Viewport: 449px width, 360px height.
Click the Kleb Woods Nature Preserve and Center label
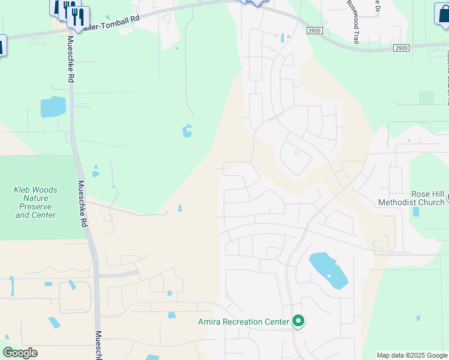pyautogui.click(x=36, y=202)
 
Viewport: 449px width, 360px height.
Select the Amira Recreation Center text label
pyautogui.click(x=244, y=322)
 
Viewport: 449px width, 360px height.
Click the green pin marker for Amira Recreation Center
pyautogui.click(x=298, y=322)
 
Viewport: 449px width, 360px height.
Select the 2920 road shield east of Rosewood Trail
pyautogui.click(x=402, y=47)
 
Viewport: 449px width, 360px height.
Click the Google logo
pyautogui.click(x=20, y=353)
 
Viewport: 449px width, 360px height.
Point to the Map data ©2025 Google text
pyautogui.click(x=412, y=355)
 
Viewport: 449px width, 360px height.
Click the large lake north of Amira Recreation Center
pyautogui.click(x=328, y=271)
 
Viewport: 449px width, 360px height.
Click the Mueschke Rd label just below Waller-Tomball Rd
pyautogui.click(x=71, y=59)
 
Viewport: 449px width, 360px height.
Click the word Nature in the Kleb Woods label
pyautogui.click(x=35, y=198)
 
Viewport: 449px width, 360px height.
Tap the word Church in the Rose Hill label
pyautogui.click(x=429, y=203)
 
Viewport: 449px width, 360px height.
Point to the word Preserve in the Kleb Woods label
pyautogui.click(x=36, y=206)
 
